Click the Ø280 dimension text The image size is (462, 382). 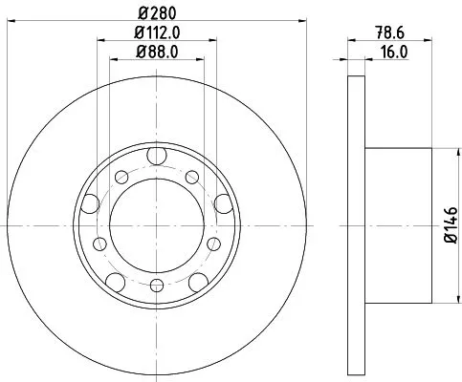[156, 13]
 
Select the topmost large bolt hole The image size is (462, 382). [156, 158]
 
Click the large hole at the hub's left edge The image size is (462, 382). [91, 202]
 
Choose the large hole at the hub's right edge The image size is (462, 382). [222, 202]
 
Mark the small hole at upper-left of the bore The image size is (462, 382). [121, 178]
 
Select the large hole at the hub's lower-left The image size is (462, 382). [115, 279]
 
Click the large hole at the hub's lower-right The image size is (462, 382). [198, 279]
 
